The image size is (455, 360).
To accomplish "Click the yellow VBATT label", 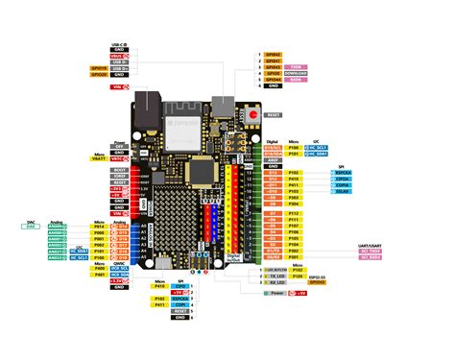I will click(x=119, y=159).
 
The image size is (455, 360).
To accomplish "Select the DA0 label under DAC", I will click(x=30, y=227).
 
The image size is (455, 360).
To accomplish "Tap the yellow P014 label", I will click(x=98, y=227).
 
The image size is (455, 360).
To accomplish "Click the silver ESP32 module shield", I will click(x=182, y=133).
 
